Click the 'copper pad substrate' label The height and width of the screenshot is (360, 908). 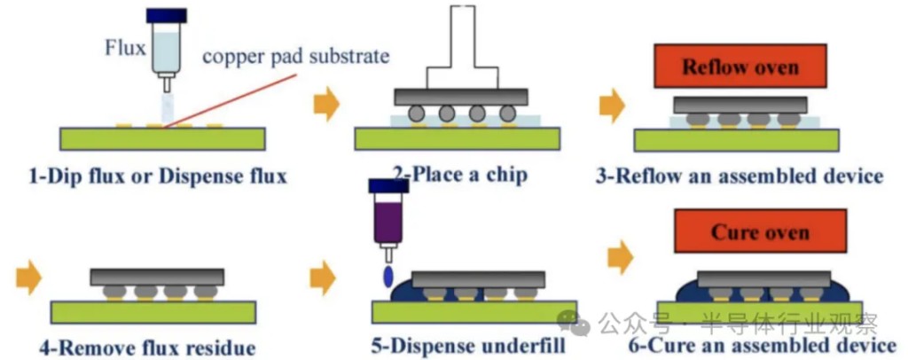point(296,58)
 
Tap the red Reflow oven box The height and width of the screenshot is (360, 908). point(740,67)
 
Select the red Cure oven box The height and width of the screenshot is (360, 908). point(760,232)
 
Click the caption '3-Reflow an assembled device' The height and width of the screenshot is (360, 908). point(740,176)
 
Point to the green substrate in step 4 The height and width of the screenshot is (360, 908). point(153,311)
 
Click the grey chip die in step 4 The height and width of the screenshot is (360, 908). point(157,277)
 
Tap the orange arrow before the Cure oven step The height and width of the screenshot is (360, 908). point(622,259)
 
